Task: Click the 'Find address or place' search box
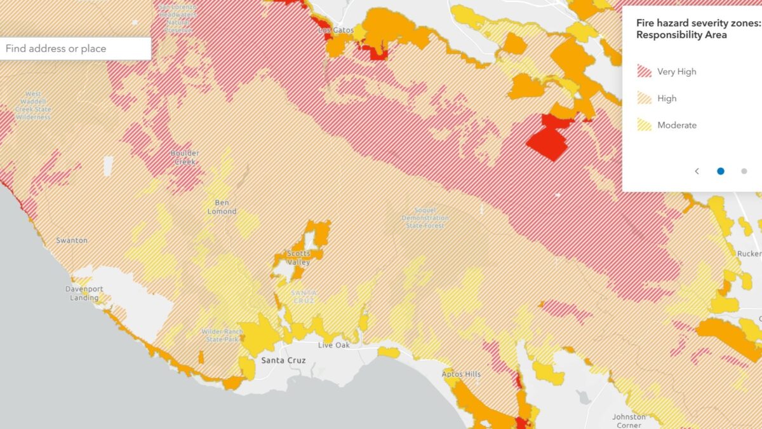point(75,48)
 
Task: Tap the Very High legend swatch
point(645,71)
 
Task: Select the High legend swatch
point(645,99)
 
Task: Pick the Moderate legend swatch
point(645,125)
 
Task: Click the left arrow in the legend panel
point(697,171)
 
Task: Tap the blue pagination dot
point(721,171)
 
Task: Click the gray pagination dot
point(744,171)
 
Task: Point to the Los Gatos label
point(334,30)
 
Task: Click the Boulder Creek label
point(185,157)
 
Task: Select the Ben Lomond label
point(222,207)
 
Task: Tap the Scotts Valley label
point(298,257)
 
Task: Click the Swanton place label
point(72,240)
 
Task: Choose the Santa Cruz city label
point(283,360)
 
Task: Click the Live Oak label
point(334,345)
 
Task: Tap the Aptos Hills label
point(462,374)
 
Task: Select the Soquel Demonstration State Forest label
point(425,217)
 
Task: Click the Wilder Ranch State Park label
point(220,335)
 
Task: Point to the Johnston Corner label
point(629,421)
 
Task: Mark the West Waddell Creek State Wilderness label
point(33,106)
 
